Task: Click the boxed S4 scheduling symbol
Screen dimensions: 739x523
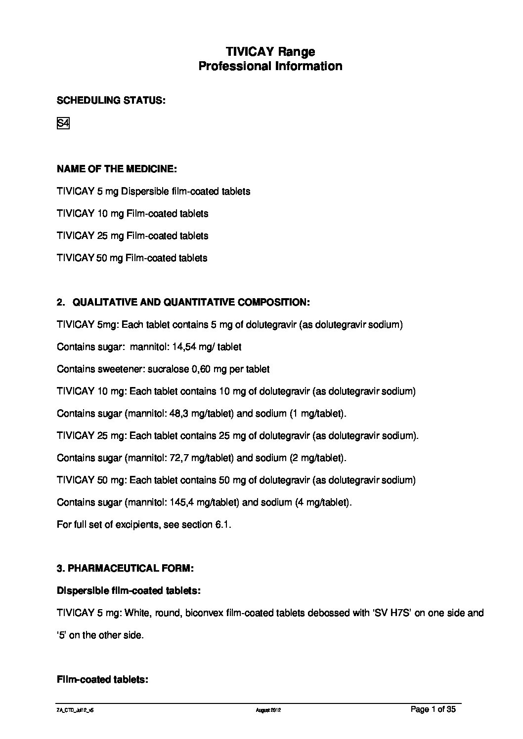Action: click(x=63, y=123)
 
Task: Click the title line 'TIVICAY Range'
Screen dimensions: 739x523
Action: click(x=270, y=52)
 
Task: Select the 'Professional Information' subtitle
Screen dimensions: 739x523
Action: click(x=270, y=66)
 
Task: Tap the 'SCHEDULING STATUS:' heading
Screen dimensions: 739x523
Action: click(x=111, y=101)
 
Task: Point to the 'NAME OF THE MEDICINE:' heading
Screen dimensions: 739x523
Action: click(x=117, y=169)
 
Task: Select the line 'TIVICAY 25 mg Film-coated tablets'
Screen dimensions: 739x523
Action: click(x=132, y=235)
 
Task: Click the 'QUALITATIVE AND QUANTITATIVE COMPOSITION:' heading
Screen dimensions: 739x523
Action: click(x=191, y=302)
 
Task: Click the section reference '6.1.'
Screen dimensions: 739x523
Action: click(x=223, y=525)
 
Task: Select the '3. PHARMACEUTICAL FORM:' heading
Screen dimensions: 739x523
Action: click(x=125, y=568)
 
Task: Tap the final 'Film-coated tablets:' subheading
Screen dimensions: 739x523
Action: click(x=103, y=680)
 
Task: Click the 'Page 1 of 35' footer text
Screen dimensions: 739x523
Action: click(x=433, y=710)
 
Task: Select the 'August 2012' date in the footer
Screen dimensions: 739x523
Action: click(x=268, y=710)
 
